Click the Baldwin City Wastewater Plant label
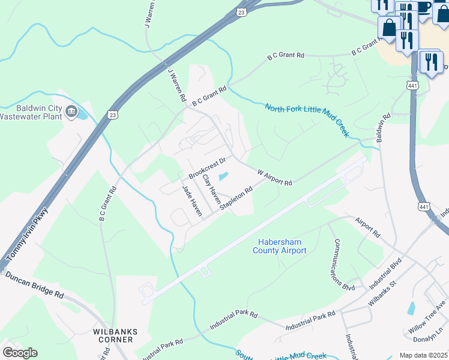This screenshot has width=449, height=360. (x=31, y=112)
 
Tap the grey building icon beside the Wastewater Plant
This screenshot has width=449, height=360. (x=71, y=111)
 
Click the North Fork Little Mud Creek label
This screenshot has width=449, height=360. (x=307, y=120)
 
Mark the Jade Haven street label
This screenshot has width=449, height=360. (x=192, y=200)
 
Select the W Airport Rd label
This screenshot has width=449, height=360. (x=274, y=177)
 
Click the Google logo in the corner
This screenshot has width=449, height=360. (x=19, y=353)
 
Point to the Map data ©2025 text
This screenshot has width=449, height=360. (x=423, y=355)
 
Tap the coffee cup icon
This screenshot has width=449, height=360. (x=423, y=7)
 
